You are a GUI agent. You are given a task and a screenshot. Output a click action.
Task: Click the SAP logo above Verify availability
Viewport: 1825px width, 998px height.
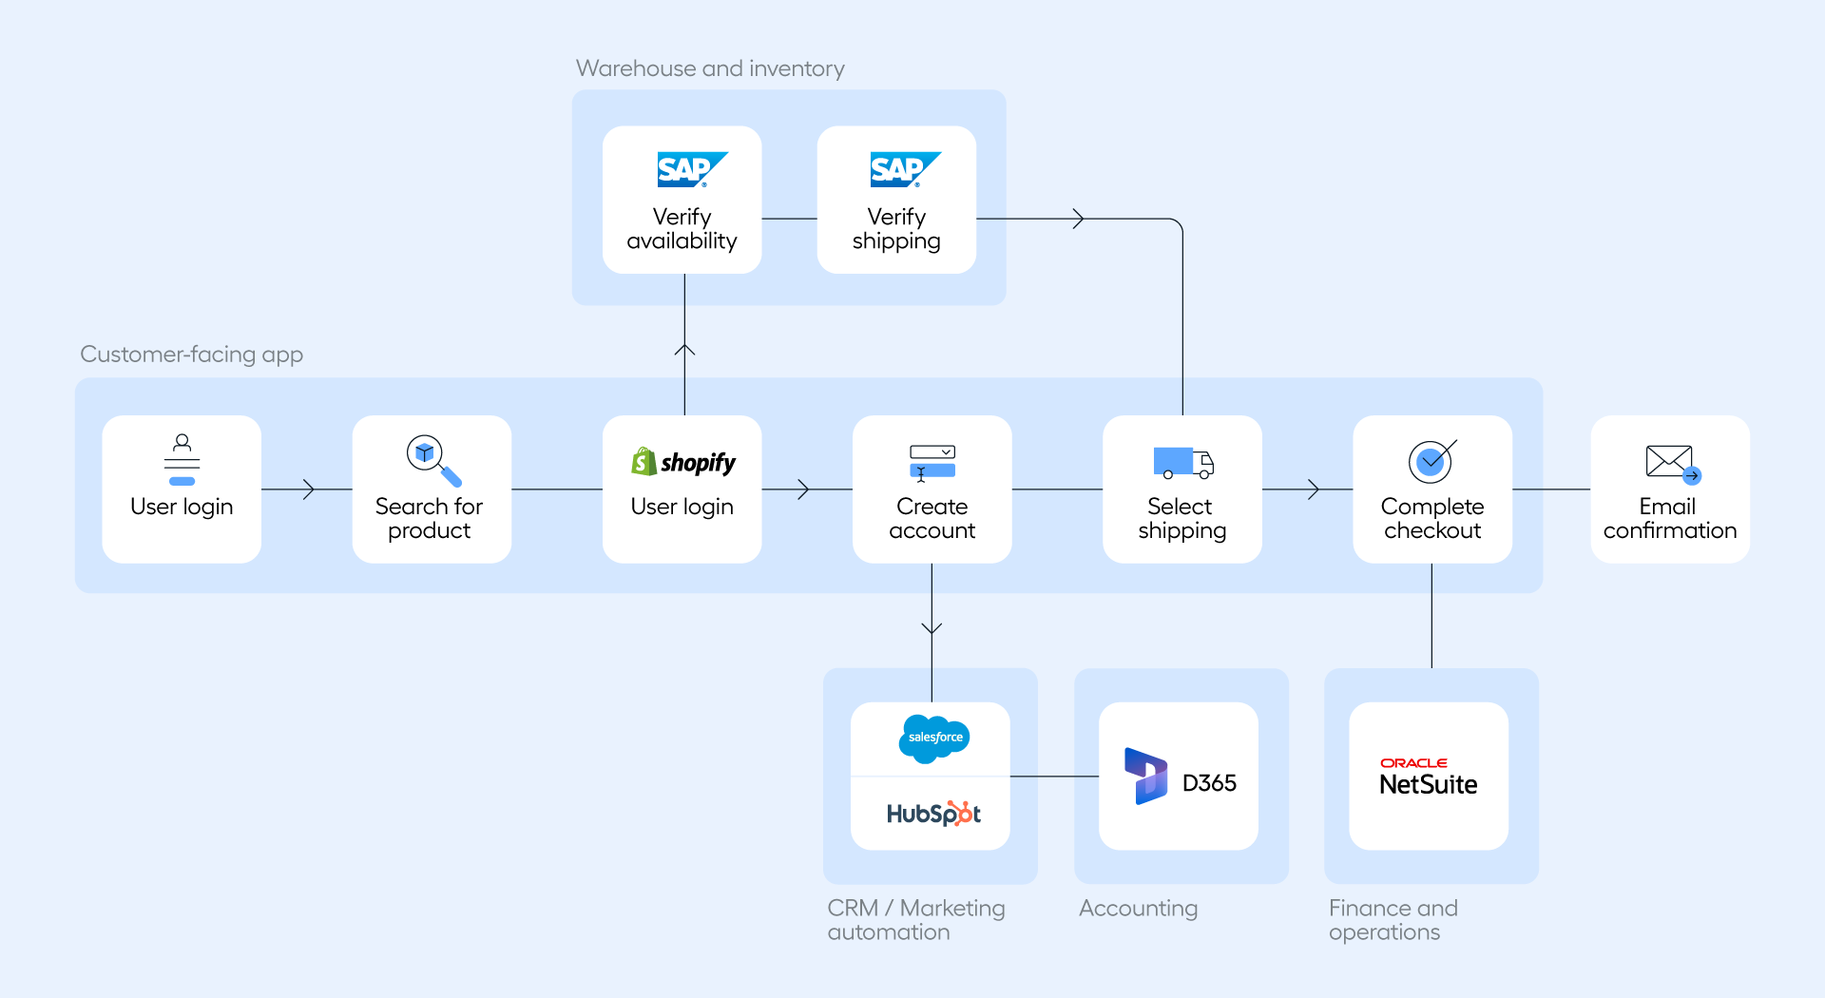[691, 169]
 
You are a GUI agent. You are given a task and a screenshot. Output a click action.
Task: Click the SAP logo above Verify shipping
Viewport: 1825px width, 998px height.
[904, 169]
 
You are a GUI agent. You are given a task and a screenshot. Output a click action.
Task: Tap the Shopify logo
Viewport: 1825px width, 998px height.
[682, 462]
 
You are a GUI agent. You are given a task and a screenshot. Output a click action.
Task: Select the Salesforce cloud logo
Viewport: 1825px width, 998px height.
[934, 738]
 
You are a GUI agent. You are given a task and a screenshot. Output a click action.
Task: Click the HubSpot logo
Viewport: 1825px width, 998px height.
[932, 814]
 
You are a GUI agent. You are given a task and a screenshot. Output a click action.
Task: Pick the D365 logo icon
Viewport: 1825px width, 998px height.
[1146, 776]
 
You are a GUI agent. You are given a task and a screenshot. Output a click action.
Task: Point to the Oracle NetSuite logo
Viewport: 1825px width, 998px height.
[1428, 777]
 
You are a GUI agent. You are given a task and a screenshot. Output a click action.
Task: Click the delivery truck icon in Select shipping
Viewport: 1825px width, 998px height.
[1182, 463]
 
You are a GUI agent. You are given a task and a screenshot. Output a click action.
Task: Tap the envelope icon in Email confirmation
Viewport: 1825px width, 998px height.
[1672, 463]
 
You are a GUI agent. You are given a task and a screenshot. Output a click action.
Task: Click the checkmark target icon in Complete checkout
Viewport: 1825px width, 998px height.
[1431, 461]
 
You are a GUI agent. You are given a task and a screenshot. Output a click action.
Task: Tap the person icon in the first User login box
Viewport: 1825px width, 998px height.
[182, 459]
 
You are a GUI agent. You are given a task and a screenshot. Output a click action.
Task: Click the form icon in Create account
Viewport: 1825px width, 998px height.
[932, 462]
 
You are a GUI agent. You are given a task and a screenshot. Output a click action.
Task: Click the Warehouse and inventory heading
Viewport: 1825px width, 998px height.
[709, 68]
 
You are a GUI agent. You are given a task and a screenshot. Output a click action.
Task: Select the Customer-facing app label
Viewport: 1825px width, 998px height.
[191, 355]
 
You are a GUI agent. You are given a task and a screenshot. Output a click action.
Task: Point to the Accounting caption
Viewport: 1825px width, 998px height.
[1138, 909]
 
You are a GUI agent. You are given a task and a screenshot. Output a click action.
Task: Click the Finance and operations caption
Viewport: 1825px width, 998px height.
[1393, 920]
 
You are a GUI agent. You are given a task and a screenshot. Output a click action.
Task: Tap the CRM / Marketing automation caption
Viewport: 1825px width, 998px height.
[915, 920]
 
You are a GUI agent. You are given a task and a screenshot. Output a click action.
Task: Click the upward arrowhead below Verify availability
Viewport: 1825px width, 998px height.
[684, 350]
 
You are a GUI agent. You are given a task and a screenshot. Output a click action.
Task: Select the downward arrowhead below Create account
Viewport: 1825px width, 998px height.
[932, 628]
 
